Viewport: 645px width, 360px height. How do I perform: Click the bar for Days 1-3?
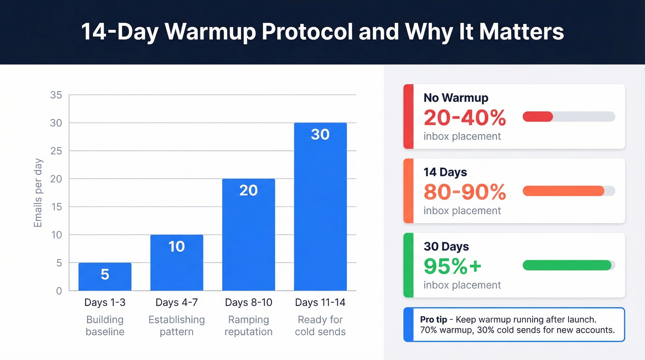[105, 277]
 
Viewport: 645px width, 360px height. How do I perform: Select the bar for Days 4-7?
[176, 263]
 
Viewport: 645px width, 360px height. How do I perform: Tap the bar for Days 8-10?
[248, 235]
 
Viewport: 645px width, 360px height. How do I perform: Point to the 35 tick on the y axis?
[56, 95]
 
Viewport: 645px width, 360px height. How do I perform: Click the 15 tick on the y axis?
[56, 207]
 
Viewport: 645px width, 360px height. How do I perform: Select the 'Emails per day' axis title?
[38, 193]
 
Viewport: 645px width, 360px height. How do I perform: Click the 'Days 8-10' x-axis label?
[248, 303]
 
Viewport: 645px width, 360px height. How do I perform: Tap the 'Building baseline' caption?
[105, 325]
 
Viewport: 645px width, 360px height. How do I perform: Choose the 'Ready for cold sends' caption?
[320, 325]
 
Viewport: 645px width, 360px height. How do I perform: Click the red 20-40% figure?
[464, 118]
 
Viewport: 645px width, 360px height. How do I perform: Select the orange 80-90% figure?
[464, 192]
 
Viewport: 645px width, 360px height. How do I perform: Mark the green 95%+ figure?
[452, 266]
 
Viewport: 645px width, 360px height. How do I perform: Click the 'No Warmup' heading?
[456, 98]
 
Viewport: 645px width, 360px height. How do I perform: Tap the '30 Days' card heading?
[446, 247]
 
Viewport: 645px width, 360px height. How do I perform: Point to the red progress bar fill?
[538, 117]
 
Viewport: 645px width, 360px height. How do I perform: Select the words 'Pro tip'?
[434, 319]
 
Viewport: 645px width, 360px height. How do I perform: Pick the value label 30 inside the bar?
[320, 135]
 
